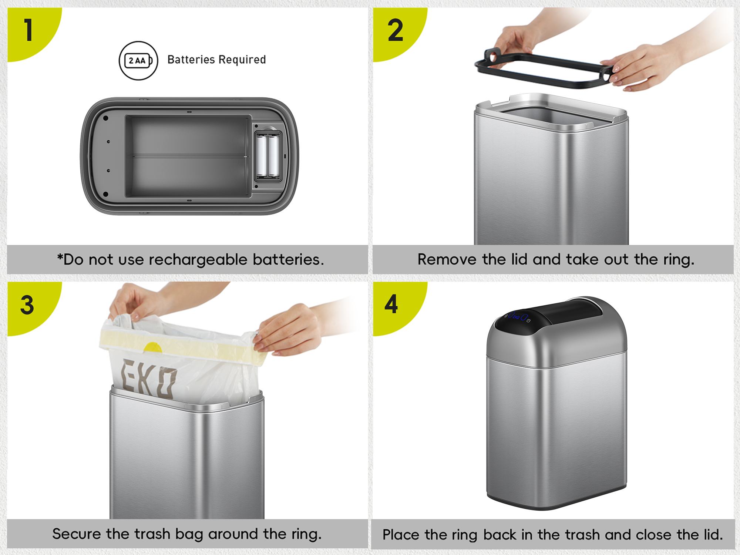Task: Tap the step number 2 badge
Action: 395,30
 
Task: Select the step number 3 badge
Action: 27,305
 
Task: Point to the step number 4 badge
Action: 391,304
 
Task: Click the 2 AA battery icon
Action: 138,61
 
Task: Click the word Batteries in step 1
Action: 191,60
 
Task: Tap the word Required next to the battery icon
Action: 242,60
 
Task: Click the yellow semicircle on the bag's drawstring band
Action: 152,347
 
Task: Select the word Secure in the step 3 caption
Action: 77,534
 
